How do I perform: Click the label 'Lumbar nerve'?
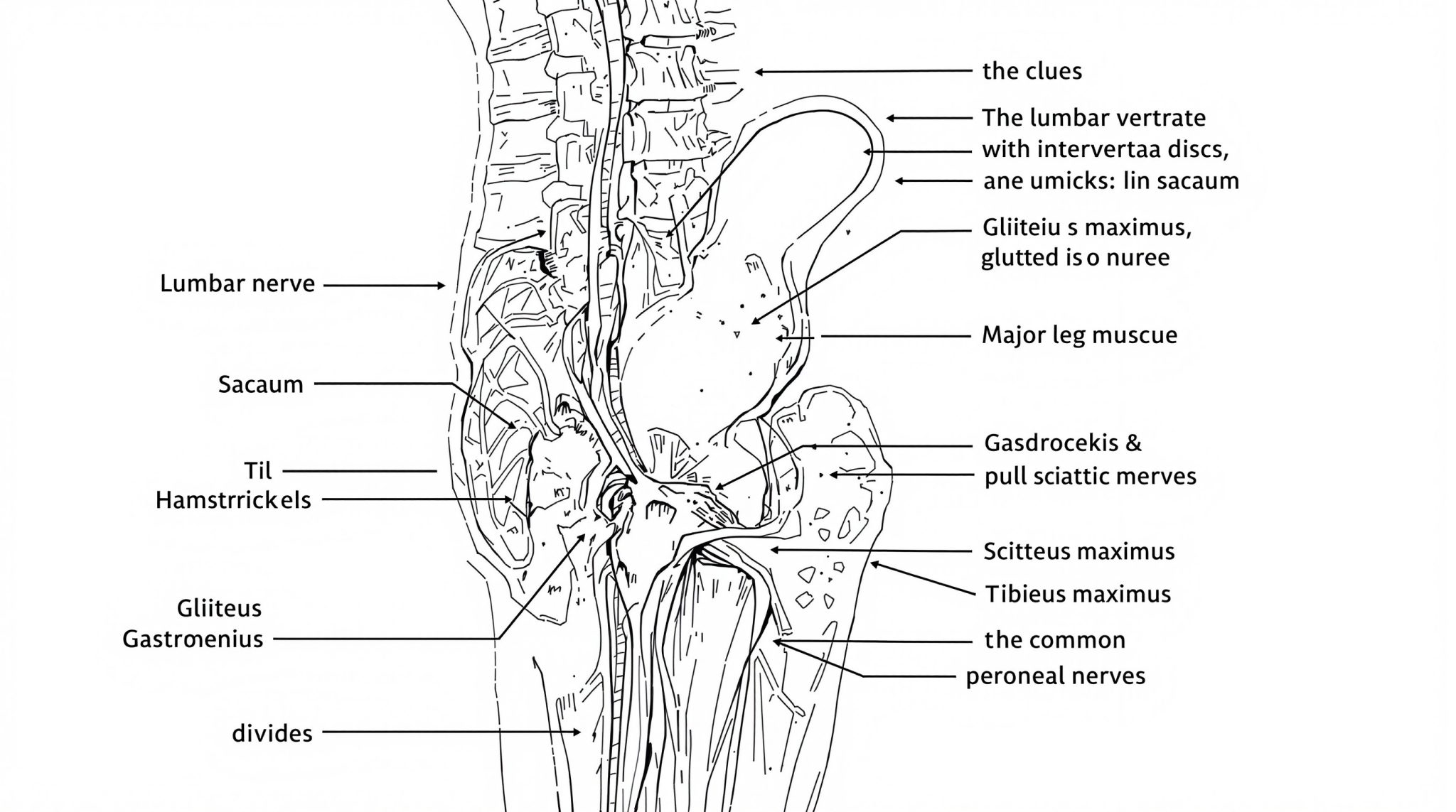[237, 284]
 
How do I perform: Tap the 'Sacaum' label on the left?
[261, 385]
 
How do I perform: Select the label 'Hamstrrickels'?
[233, 500]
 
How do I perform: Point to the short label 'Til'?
[259, 470]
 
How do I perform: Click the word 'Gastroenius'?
[193, 639]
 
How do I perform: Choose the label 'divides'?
[272, 733]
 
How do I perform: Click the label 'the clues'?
[1032, 71]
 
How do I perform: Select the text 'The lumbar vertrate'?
[1094, 117]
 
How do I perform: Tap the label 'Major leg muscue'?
[1079, 335]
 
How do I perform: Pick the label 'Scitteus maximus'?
[1079, 551]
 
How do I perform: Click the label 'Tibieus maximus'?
[1078, 594]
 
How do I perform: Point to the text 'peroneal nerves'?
[1056, 676]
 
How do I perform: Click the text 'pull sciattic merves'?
[1091, 476]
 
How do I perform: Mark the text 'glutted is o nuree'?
[1076, 257]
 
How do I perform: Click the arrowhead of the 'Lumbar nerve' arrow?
[441, 286]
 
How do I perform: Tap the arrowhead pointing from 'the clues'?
[759, 72]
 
